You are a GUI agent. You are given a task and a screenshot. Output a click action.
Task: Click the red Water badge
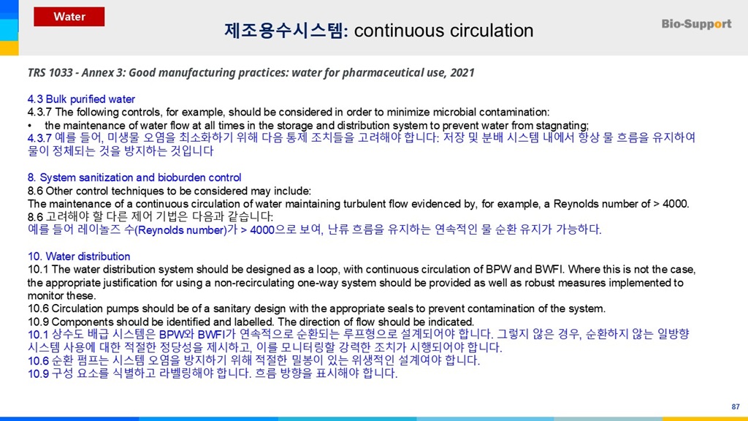(69, 17)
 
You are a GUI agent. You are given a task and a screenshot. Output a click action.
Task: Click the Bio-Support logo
(696, 24)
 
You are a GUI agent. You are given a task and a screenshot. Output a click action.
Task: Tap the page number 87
(735, 406)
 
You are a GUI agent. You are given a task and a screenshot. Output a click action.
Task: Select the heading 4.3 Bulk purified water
(81, 99)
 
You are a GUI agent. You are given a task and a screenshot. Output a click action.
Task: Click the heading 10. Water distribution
(79, 257)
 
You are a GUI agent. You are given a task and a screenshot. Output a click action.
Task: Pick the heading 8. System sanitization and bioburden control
(134, 178)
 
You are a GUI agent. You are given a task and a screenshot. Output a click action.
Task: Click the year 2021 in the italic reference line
(462, 72)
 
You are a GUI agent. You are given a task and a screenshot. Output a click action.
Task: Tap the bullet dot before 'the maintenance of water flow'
(30, 126)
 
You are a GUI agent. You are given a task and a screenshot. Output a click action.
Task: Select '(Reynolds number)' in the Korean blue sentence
(180, 230)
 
